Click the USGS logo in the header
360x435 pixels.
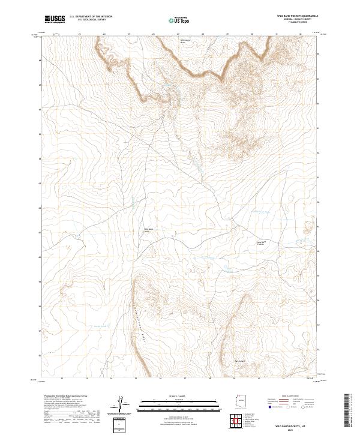(x=55, y=19)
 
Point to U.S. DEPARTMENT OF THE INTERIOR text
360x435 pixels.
(x=91, y=17)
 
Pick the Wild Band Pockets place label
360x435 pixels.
(x=260, y=243)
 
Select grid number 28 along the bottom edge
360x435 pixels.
(x=209, y=379)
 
